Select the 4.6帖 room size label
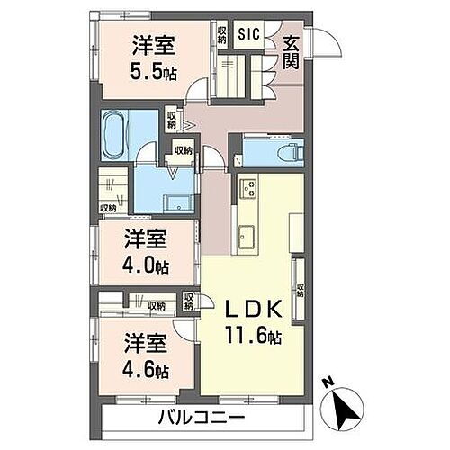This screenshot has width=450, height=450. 144,368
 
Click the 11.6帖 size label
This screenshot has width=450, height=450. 254,337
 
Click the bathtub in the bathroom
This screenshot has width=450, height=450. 117,134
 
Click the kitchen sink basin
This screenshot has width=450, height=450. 247,238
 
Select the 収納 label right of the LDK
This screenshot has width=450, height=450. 300,290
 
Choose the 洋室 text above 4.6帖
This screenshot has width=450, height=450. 144,343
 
